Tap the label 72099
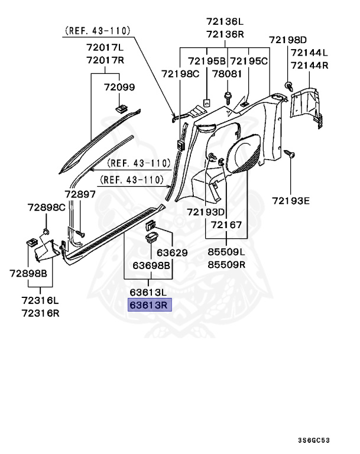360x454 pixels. pyautogui.click(x=120, y=87)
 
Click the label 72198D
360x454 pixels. pyautogui.click(x=288, y=40)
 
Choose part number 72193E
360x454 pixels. pyautogui.click(x=290, y=201)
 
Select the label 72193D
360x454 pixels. pyautogui.click(x=206, y=212)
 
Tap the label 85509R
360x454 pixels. pyautogui.click(x=226, y=263)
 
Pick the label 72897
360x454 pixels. pyautogui.click(x=80, y=194)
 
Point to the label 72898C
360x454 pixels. pyautogui.click(x=46, y=207)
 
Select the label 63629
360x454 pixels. pyautogui.click(x=172, y=253)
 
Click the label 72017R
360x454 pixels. pyautogui.click(x=104, y=61)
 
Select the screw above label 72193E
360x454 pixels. pyautogui.click(x=290, y=154)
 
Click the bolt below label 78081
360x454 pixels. pyautogui.click(x=228, y=95)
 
